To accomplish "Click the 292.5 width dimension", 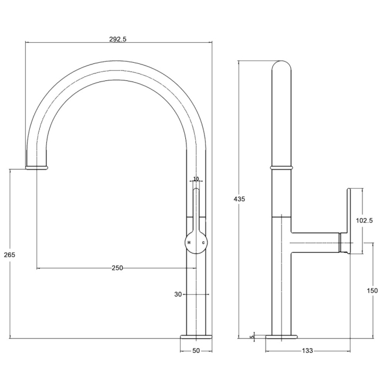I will (118, 39).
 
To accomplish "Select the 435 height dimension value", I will (239, 199).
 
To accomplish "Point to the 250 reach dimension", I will (117, 268).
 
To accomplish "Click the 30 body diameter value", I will (178, 294).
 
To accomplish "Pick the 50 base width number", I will (196, 351).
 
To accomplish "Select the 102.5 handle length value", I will (365, 220).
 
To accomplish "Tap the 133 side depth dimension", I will (307, 351).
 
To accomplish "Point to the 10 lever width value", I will (196, 179).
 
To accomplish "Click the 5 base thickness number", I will (252, 337).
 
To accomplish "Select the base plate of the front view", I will (196, 337).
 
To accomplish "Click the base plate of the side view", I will (281, 337).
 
